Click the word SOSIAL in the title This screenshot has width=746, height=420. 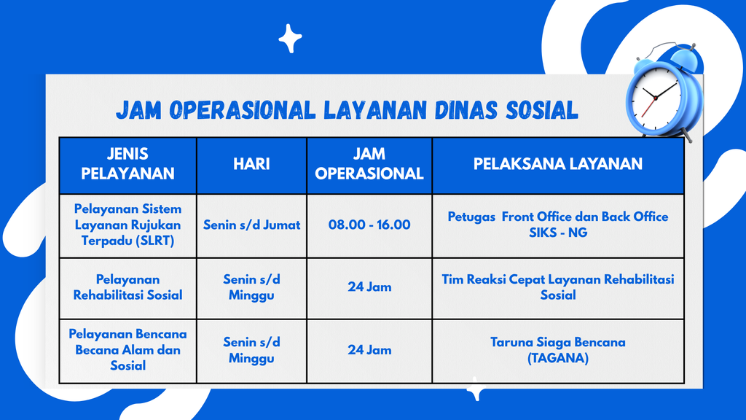[541, 110]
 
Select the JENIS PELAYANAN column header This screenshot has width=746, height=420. [127, 164]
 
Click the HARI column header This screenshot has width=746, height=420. [251, 164]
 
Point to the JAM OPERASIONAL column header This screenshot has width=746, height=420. [369, 164]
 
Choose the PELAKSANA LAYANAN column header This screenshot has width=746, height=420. [558, 164]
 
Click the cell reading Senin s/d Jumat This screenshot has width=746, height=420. [251, 225]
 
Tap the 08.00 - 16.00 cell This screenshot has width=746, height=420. [369, 225]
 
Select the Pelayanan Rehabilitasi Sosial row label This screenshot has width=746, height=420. [127, 287]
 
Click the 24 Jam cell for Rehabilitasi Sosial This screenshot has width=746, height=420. [369, 287]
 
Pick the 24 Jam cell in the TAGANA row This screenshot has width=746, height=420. [369, 350]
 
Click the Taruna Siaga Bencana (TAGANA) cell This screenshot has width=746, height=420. [558, 350]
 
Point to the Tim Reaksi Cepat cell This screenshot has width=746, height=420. [558, 287]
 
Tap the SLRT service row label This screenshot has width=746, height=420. [127, 225]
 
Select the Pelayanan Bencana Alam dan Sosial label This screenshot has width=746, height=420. [127, 350]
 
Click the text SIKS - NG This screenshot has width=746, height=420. [558, 233]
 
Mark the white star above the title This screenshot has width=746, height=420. [290, 38]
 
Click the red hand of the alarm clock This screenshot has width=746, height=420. [648, 108]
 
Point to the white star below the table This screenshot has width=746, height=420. [475, 389]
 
